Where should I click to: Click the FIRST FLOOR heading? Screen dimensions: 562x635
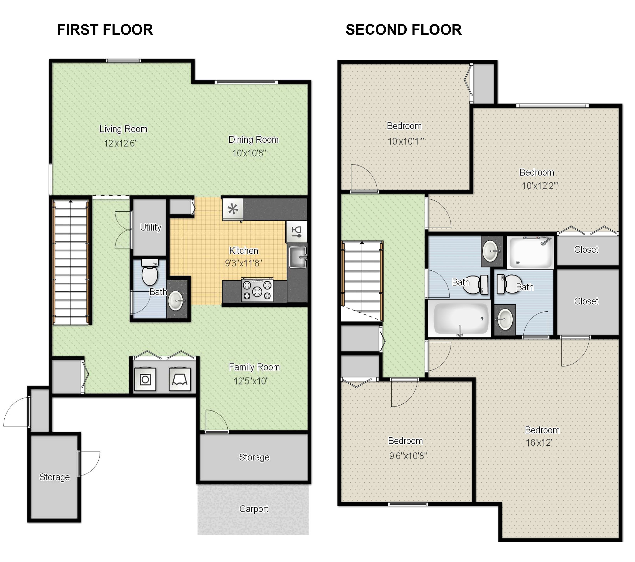105,30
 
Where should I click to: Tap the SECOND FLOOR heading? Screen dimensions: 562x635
403,30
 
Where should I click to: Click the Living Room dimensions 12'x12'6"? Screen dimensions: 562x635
120,143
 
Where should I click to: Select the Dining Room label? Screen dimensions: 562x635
253,140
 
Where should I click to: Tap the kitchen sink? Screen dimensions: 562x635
298,257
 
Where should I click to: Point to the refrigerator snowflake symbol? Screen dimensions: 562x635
233,209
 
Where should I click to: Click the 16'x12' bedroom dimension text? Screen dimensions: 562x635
538,443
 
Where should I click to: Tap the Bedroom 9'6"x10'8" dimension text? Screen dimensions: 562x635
408,456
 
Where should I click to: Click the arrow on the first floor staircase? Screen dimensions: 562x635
71,201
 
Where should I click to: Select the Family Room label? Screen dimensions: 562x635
254,367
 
